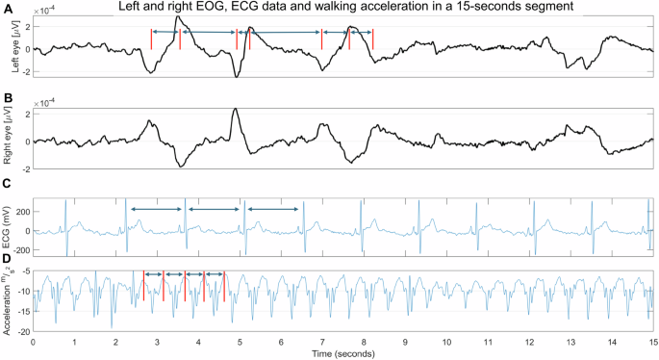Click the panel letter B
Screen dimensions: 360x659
click(x=8, y=98)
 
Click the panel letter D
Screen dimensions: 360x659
click(x=8, y=258)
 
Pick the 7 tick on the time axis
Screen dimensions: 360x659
click(x=322, y=342)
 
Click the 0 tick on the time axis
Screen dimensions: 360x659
click(x=34, y=342)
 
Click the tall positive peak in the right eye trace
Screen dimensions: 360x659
click(x=236, y=110)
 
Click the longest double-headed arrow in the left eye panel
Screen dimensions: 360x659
click(x=286, y=34)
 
